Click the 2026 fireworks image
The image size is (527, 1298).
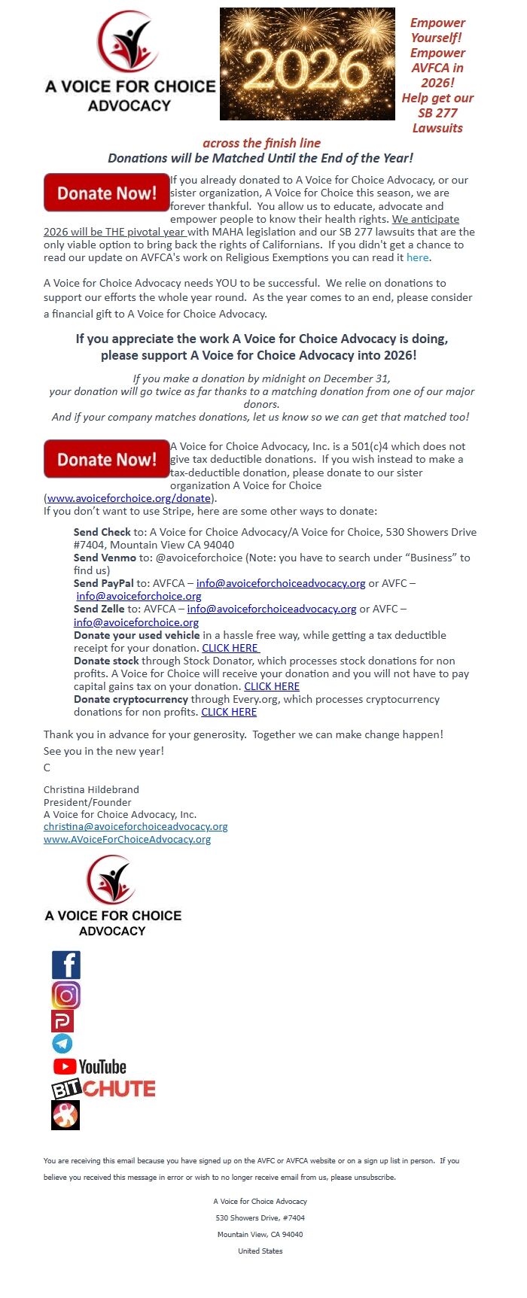coord(307,64)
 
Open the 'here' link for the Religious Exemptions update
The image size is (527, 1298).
coord(417,257)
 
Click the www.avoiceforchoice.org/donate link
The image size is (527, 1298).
coord(129,498)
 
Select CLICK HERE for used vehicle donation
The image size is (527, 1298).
coord(230,648)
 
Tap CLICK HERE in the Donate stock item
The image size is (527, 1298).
coord(272,686)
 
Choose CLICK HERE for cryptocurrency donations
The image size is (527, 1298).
coord(229,712)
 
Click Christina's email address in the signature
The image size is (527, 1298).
coord(136,826)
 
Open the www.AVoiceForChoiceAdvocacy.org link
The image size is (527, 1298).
coord(127,839)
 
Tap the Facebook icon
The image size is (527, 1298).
coord(66,965)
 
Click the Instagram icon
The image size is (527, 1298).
coord(66,996)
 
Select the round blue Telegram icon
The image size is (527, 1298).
coord(62,1043)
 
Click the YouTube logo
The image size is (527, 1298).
coord(90,1066)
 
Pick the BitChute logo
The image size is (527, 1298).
coord(103,1089)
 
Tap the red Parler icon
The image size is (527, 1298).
coord(62,1020)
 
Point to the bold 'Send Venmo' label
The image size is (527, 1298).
coord(105,558)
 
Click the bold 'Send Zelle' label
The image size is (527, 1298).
coord(99,609)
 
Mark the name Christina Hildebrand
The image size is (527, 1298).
coord(91,789)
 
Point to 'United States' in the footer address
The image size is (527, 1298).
coord(260,1251)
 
